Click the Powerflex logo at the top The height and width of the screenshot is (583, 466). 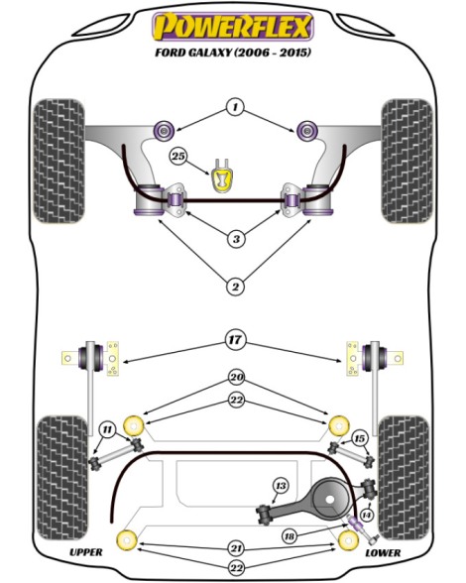click(233, 27)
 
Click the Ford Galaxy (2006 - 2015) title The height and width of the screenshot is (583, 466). click(232, 52)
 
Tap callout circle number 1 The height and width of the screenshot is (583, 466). click(235, 107)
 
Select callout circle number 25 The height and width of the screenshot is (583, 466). click(178, 157)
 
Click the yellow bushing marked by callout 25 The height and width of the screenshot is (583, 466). click(222, 176)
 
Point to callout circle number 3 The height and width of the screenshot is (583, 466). click(236, 239)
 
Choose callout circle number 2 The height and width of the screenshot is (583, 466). click(235, 287)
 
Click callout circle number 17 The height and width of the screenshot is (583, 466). click(235, 340)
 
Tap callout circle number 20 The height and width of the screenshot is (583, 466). click(237, 378)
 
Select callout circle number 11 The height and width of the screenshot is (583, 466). click(107, 430)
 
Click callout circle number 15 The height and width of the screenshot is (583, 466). click(359, 438)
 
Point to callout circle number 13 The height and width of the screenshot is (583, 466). click(281, 486)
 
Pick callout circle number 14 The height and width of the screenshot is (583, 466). click(366, 515)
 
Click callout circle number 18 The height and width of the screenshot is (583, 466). click(290, 536)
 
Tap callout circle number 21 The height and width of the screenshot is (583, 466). click(237, 548)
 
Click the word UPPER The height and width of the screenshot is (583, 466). click(86, 552)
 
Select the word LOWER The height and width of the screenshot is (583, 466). click(383, 553)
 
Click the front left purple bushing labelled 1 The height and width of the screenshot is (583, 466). click(164, 130)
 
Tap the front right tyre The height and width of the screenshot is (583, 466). click(407, 161)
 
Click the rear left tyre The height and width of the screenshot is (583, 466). click(62, 478)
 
